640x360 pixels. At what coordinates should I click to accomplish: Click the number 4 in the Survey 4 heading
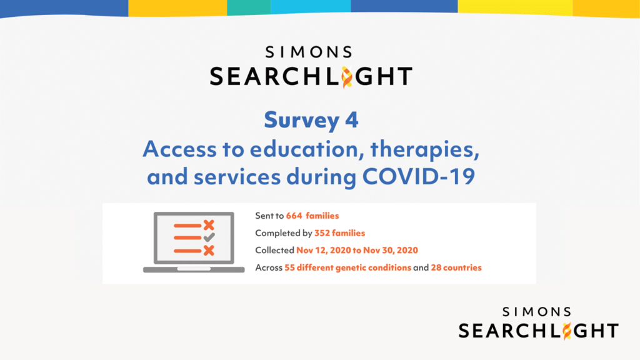pyautogui.click(x=351, y=120)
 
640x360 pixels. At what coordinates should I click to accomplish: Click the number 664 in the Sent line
pyautogui.click(x=294, y=216)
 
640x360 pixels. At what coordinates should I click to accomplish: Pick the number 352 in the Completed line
pyautogui.click(x=322, y=233)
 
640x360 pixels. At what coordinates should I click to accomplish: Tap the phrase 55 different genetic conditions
pyautogui.click(x=347, y=267)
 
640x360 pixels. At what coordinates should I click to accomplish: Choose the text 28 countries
pyautogui.click(x=456, y=267)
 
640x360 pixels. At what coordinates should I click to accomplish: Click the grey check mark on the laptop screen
pyautogui.click(x=209, y=237)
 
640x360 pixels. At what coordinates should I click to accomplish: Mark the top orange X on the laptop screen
pyautogui.click(x=209, y=225)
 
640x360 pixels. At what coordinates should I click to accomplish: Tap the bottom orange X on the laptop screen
pyautogui.click(x=209, y=250)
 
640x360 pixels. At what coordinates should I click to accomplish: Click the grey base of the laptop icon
pyautogui.click(x=194, y=269)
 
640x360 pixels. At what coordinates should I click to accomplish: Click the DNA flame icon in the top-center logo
pyautogui.click(x=346, y=76)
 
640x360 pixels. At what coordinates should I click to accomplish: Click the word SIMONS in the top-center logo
pyautogui.click(x=309, y=52)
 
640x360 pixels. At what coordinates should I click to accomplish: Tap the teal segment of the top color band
pyautogui.click(x=248, y=7)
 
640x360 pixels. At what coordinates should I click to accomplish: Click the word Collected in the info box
pyautogui.click(x=274, y=251)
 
